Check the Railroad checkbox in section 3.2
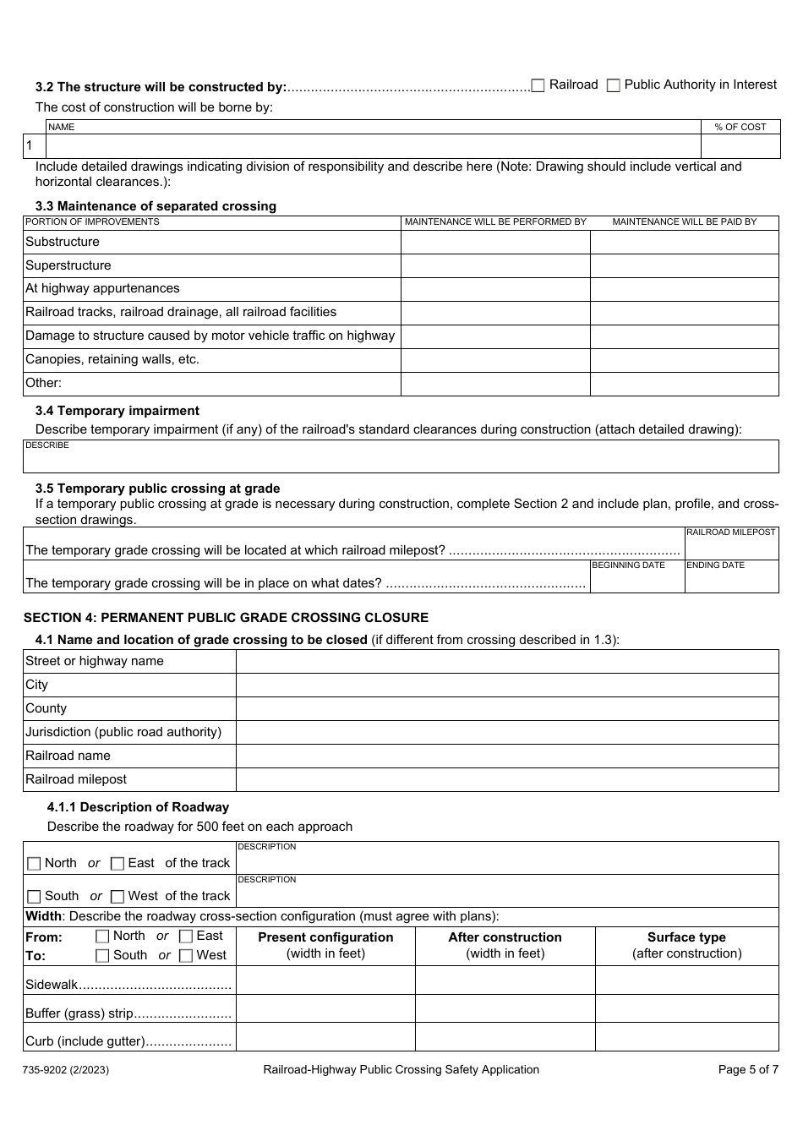[538, 85]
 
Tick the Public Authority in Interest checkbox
[614, 85]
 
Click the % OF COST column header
[740, 127]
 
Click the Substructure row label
[63, 242]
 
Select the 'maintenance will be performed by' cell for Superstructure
[494, 265]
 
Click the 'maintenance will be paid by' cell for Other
[684, 383]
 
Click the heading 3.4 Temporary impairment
[117, 411]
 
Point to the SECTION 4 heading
[226, 618]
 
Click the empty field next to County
[506, 708]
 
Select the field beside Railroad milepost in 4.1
[506, 779]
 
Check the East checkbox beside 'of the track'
[117, 864]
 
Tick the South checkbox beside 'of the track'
[34, 897]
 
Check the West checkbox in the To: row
[186, 956]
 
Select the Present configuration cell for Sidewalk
[325, 980]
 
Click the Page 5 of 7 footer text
[747, 1069]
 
